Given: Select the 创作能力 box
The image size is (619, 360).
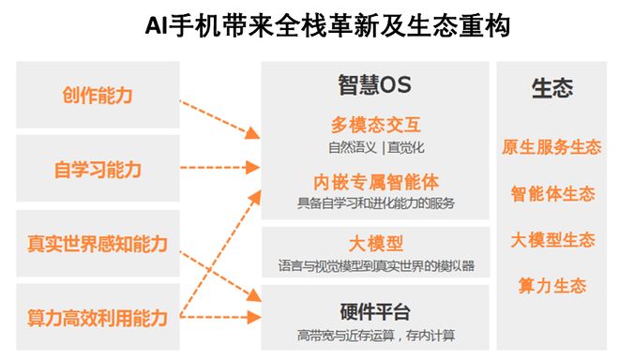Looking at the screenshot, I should click(x=98, y=95).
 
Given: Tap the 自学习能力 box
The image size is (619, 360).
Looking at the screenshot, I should click(x=98, y=169).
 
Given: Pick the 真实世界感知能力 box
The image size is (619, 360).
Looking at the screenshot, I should click(x=98, y=244).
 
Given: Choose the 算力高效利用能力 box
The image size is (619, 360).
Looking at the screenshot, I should click(x=98, y=318).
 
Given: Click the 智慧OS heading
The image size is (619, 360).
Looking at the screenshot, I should click(x=374, y=84).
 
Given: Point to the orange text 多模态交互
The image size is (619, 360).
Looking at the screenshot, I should click(x=375, y=125).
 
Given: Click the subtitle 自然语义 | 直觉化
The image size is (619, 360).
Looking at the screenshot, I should click(x=375, y=147).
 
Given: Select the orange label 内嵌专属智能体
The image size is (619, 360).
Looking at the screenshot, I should click(x=375, y=181).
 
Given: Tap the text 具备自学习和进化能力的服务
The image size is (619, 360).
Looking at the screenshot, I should click(x=375, y=202).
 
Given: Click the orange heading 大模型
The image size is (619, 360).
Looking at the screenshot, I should click(x=375, y=244).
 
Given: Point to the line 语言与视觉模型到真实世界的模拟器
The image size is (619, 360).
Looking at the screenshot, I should click(x=375, y=266).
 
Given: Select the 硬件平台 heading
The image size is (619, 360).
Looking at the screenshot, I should click(x=375, y=312).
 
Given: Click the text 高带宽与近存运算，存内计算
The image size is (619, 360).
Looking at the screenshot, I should click(x=375, y=336).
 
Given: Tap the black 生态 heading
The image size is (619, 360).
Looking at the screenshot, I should click(x=551, y=89).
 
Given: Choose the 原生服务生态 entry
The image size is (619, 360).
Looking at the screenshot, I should click(x=551, y=147).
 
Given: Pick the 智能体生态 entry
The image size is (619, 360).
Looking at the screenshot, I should click(x=551, y=194).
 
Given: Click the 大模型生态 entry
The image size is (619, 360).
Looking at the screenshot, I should click(x=551, y=240).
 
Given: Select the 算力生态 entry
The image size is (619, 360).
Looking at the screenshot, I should click(x=551, y=286).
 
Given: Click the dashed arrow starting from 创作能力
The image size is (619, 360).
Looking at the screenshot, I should click(x=218, y=115).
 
